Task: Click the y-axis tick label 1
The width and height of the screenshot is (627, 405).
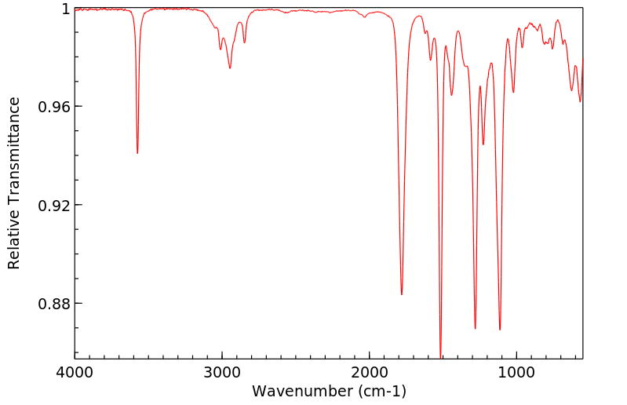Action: [x=66, y=9]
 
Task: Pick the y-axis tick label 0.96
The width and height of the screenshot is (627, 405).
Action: [x=54, y=107]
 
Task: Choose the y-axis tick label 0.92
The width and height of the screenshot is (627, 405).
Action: [x=54, y=205]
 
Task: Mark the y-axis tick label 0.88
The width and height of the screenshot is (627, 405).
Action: [x=54, y=304]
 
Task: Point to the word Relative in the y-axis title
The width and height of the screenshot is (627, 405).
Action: [x=14, y=243]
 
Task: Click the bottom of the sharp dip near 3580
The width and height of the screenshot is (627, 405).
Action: [x=137, y=153]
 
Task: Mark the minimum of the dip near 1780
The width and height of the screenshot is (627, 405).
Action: [x=402, y=294]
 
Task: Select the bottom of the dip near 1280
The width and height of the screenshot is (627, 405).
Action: [x=476, y=328]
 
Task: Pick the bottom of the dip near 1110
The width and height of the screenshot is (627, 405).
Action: [x=500, y=330]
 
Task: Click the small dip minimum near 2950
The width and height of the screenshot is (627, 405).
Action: [x=230, y=68]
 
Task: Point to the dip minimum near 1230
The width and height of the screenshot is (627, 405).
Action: [x=483, y=144]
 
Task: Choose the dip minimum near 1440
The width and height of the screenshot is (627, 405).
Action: [x=451, y=95]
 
